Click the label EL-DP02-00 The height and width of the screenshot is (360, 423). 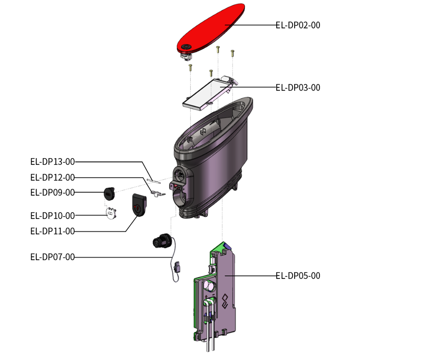pyautogui.click(x=298, y=25)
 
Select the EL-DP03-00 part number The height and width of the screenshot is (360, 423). pyautogui.click(x=298, y=88)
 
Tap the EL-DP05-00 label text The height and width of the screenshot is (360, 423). pyautogui.click(x=298, y=276)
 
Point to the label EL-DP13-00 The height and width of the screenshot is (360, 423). pyautogui.click(x=52, y=162)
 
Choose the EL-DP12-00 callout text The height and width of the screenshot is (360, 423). pyautogui.click(x=52, y=178)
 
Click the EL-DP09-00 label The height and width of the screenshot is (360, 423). pyautogui.click(x=52, y=192)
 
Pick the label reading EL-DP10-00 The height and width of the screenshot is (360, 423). pyautogui.click(x=52, y=216)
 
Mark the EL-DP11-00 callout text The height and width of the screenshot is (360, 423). pyautogui.click(x=52, y=231)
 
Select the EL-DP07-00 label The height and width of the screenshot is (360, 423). pyautogui.click(x=52, y=257)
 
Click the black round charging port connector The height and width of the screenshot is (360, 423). pyautogui.click(x=161, y=241)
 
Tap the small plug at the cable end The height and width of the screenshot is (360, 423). pyautogui.click(x=178, y=267)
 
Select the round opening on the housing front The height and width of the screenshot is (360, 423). pyautogui.click(x=181, y=173)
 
